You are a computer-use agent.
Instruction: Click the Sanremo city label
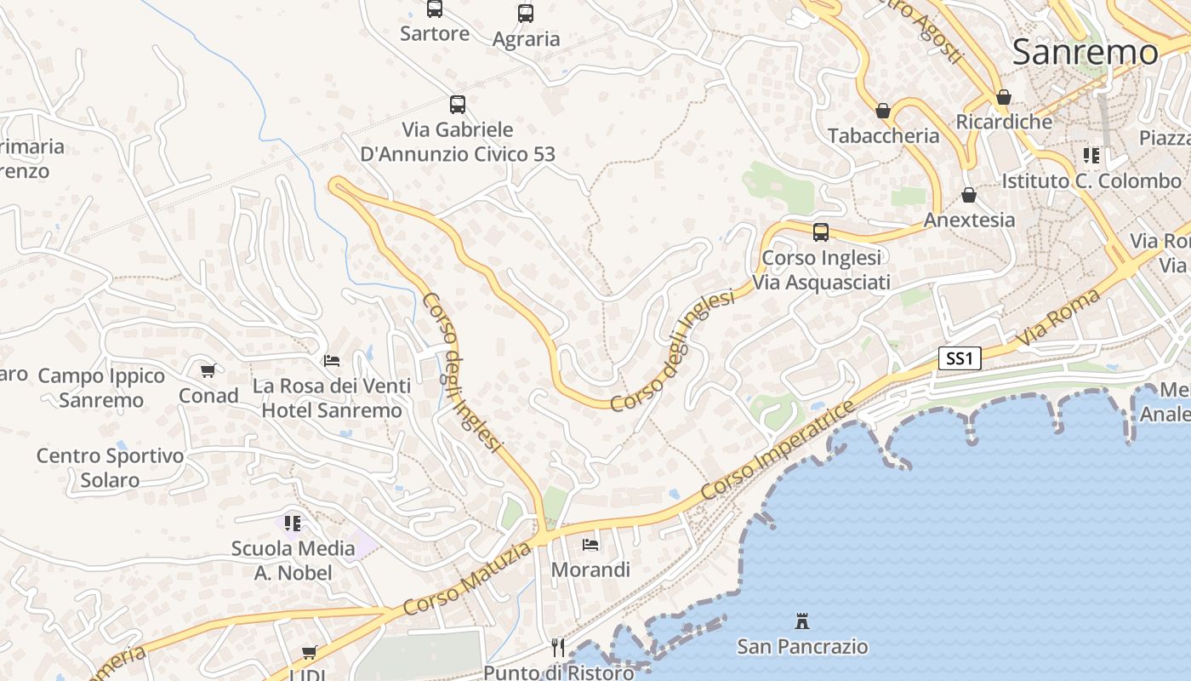(1085, 53)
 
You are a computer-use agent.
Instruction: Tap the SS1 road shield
(960, 358)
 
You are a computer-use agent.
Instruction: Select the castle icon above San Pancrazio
(801, 621)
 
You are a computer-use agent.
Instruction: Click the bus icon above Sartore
(435, 9)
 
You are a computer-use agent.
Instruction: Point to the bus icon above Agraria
(526, 14)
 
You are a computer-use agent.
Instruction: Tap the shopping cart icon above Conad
(208, 370)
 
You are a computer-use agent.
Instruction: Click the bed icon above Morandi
(590, 544)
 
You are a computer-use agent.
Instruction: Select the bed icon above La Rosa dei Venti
(332, 361)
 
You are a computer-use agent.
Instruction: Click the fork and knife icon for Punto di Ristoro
(558, 648)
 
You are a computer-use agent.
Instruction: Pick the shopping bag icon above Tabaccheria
(883, 111)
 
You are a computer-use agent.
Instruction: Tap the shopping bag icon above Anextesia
(969, 195)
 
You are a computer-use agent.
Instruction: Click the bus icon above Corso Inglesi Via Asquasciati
(821, 232)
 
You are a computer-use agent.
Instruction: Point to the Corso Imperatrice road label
(778, 451)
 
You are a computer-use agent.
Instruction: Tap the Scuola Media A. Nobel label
(293, 560)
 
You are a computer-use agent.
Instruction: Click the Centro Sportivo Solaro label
(110, 467)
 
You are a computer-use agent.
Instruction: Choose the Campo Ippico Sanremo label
(101, 387)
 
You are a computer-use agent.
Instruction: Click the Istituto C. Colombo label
(1091, 180)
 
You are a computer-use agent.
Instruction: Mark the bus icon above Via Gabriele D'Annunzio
(458, 105)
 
